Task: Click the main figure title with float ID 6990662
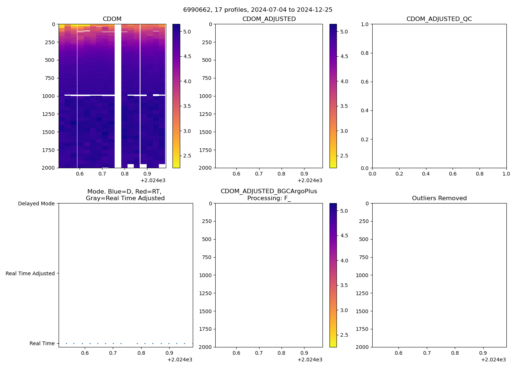click(x=258, y=10)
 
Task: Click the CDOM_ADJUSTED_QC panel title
click(x=439, y=19)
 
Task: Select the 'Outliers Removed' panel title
click(x=439, y=198)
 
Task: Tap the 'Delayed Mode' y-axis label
click(x=36, y=204)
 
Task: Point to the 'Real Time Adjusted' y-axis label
click(x=30, y=273)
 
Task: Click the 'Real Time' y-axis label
click(x=42, y=343)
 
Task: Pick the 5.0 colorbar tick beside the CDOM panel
click(x=187, y=32)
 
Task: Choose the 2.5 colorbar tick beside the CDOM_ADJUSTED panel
click(x=344, y=156)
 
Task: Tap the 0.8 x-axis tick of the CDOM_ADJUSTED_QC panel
click(x=480, y=174)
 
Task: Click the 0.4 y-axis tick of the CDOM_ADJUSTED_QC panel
click(x=365, y=110)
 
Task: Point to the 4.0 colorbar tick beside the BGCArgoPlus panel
click(x=344, y=261)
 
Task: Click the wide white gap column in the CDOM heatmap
click(x=118, y=96)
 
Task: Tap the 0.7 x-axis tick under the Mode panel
click(x=113, y=353)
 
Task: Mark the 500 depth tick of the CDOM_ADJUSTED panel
click(x=207, y=60)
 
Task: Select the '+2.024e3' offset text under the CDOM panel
click(x=153, y=180)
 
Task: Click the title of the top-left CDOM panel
click(x=112, y=19)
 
